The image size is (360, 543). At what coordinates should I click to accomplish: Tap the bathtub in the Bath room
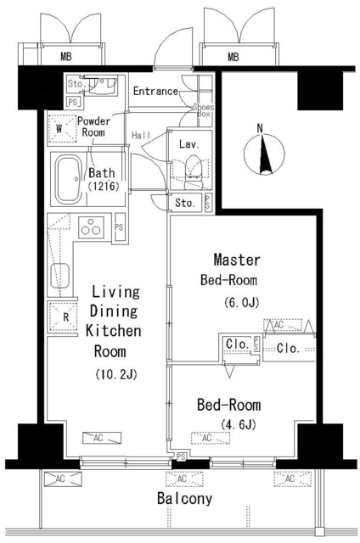click(68, 179)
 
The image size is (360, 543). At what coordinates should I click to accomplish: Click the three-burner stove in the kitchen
click(92, 227)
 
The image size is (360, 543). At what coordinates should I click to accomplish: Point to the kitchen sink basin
click(59, 276)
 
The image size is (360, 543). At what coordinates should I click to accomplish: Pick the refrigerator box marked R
click(62, 316)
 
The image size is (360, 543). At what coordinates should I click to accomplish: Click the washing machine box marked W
click(62, 128)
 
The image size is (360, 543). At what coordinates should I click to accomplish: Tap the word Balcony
click(184, 499)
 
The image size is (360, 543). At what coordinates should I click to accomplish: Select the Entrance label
click(155, 91)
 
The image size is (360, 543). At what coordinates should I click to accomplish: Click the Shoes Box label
click(204, 110)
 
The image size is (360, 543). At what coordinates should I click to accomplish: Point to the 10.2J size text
click(116, 374)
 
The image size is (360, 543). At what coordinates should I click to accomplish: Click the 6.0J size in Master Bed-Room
click(242, 302)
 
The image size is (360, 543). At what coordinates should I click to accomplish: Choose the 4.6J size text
click(238, 423)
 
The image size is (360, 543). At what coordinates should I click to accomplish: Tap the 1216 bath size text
click(104, 187)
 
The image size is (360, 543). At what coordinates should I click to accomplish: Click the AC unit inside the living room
click(102, 438)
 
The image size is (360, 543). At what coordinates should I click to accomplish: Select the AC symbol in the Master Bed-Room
click(283, 325)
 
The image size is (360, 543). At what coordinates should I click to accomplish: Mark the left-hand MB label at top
click(66, 56)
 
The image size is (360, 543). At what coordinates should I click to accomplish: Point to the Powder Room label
click(93, 126)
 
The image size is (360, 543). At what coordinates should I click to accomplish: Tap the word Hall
click(141, 135)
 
